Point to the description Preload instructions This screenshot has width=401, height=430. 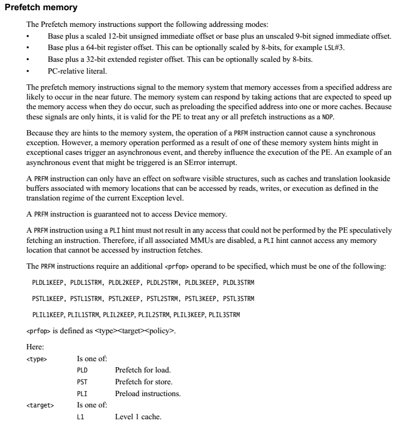point(148,393)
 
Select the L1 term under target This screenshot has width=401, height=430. point(81,417)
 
